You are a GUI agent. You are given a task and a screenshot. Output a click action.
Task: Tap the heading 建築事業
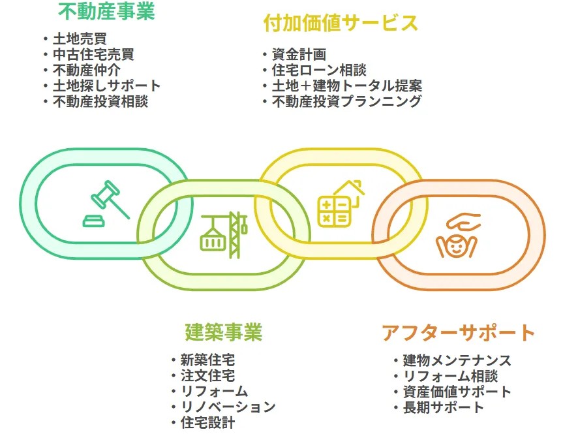[223, 332]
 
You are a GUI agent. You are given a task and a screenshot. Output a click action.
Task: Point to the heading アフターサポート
[458, 332]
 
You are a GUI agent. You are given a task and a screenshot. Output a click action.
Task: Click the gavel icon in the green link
[105, 202]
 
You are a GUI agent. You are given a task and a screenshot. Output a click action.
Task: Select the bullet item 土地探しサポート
[106, 86]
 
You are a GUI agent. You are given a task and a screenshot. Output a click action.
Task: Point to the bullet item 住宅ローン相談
[319, 70]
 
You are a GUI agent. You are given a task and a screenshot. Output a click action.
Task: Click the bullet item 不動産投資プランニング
[346, 101]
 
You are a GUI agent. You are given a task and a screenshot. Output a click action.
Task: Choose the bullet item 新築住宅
[207, 360]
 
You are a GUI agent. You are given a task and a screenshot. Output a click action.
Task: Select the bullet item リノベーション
[228, 407]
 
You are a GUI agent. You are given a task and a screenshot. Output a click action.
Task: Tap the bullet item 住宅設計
[207, 422]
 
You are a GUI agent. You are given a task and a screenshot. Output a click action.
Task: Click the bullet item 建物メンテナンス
[457, 360]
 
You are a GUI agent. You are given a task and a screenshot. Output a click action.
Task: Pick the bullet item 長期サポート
[443, 407]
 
